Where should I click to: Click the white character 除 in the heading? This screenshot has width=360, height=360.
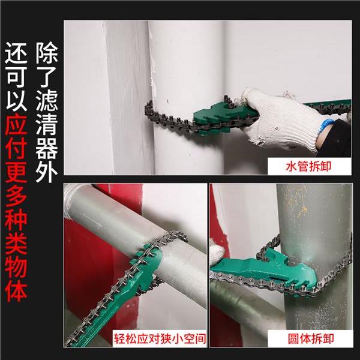48,55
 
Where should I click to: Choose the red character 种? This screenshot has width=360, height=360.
16,223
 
